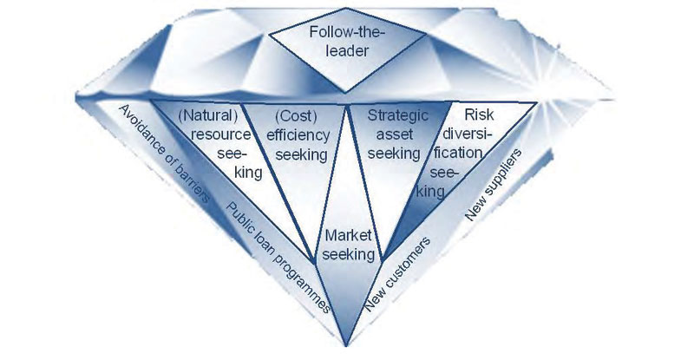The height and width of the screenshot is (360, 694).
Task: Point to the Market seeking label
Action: [x=351, y=245]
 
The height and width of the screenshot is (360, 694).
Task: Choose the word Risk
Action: [x=478, y=115]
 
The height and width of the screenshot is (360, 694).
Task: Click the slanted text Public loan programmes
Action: [x=277, y=257]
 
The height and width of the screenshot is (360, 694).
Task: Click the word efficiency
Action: [x=298, y=135]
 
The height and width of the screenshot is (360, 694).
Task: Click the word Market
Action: [x=351, y=235]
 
